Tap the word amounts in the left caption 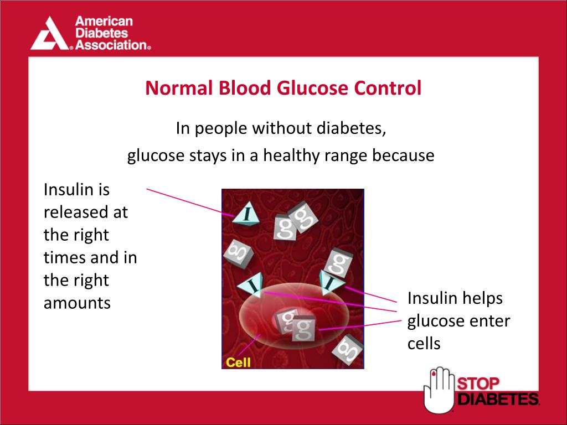(x=77, y=303)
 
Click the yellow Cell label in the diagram (x=238, y=362)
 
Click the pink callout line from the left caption (x=188, y=201)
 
